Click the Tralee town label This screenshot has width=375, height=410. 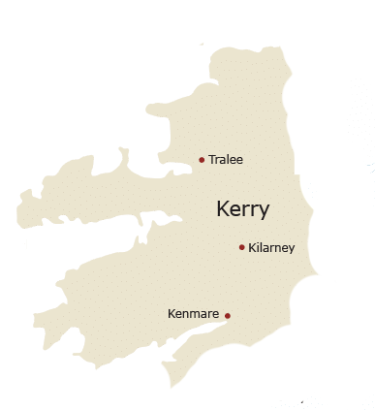[226, 159]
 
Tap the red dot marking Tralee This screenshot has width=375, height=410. [202, 160]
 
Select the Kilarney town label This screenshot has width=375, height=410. [271, 248]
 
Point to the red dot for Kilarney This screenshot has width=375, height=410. [241, 247]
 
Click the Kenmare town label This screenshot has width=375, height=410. [193, 314]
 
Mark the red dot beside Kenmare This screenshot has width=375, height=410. [228, 316]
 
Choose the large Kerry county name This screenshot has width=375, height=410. [243, 209]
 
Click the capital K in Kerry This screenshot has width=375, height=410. [223, 209]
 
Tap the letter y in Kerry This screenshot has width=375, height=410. [264, 212]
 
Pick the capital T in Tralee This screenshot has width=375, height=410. [212, 159]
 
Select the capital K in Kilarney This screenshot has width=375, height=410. [253, 248]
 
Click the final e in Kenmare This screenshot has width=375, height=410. [215, 315]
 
